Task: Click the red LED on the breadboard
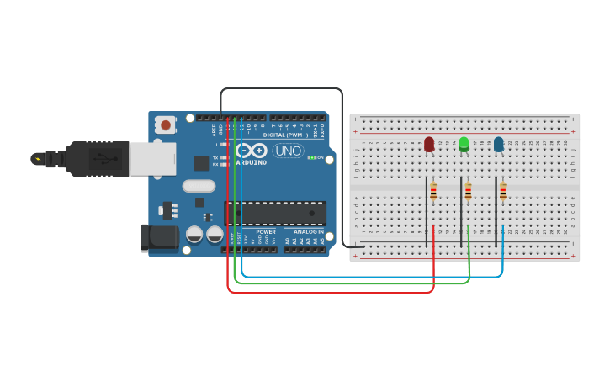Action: pos(429,145)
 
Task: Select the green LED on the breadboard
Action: pos(464,145)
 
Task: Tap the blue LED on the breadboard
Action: pos(499,145)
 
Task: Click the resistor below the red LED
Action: pos(433,193)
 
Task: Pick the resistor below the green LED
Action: pos(468,193)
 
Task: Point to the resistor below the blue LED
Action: pos(503,193)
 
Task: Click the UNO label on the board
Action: pos(288,151)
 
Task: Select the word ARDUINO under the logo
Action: pos(251,162)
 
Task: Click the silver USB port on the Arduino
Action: pos(153,159)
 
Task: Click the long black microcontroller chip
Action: pos(274,213)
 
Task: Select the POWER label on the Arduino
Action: pos(266,231)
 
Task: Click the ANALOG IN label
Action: pos(309,231)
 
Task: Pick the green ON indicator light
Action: pos(311,157)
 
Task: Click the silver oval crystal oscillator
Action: pos(199,186)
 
